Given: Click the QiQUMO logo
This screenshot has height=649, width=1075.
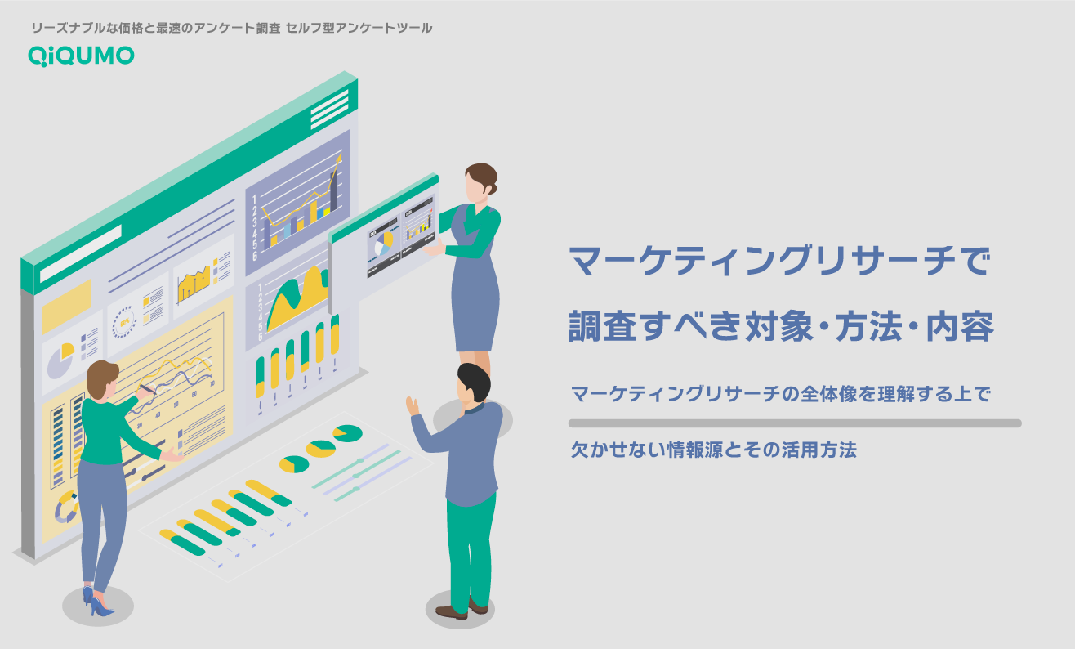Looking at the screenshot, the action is pyautogui.click(x=81, y=56).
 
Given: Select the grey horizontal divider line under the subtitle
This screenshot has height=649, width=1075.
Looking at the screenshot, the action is pyautogui.click(x=795, y=423).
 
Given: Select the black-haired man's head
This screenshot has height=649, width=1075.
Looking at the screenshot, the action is pyautogui.click(x=473, y=385).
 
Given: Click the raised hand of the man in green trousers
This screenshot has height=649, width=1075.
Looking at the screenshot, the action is pyautogui.click(x=413, y=406).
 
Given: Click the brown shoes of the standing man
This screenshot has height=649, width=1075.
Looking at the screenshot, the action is pyautogui.click(x=462, y=609).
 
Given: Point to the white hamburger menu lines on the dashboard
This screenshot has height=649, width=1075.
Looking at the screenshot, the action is pyautogui.click(x=329, y=110).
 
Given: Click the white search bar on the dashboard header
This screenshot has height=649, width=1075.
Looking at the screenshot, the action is pyautogui.click(x=81, y=253).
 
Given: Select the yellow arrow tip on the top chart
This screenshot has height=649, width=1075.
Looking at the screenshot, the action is pyautogui.click(x=339, y=158).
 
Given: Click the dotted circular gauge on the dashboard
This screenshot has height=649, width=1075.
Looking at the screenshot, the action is pyautogui.click(x=124, y=322).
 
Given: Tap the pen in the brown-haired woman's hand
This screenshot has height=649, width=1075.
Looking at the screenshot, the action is pyautogui.click(x=147, y=389).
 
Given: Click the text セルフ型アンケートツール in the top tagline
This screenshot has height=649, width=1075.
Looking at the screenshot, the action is pyautogui.click(x=359, y=28).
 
